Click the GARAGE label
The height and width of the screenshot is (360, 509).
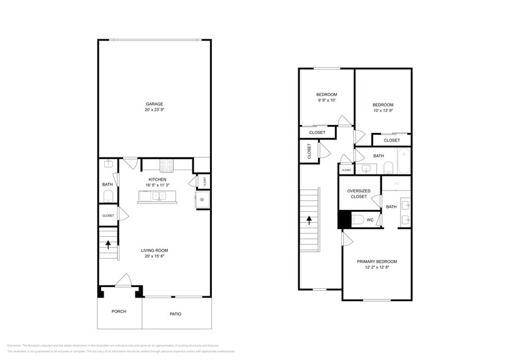(x=154, y=104)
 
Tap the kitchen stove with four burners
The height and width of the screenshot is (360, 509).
(x=167, y=164)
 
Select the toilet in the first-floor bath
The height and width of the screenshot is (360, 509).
(x=108, y=196)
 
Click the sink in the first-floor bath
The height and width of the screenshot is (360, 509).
(x=108, y=164)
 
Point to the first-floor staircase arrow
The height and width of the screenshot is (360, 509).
(x=108, y=244)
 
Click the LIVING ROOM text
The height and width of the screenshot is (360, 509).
(x=154, y=250)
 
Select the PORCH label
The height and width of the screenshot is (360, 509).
(x=118, y=311)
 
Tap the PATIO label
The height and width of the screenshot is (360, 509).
(x=175, y=314)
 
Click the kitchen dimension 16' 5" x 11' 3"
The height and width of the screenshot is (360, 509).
(x=157, y=184)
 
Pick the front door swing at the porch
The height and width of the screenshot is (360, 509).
(x=123, y=280)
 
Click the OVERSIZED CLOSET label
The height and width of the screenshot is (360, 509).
(x=358, y=193)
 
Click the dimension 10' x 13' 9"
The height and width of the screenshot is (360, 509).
(x=383, y=111)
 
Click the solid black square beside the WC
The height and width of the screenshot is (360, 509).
(x=344, y=219)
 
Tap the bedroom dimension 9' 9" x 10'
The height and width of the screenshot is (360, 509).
(x=326, y=100)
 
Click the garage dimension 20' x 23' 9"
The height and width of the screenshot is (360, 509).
(x=154, y=110)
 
